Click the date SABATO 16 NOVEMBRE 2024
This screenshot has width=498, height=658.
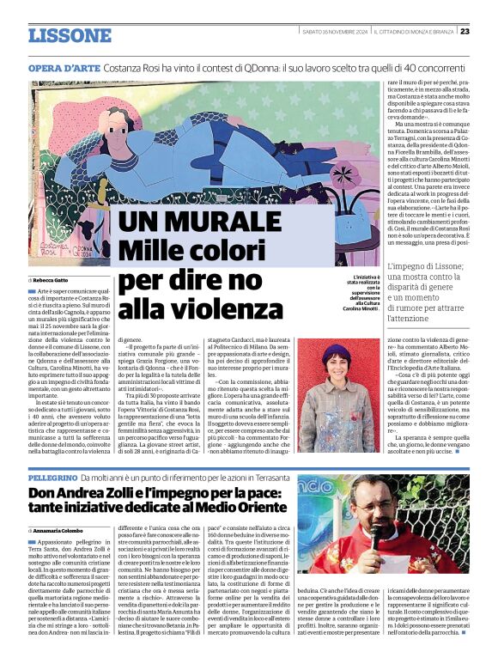334,32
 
